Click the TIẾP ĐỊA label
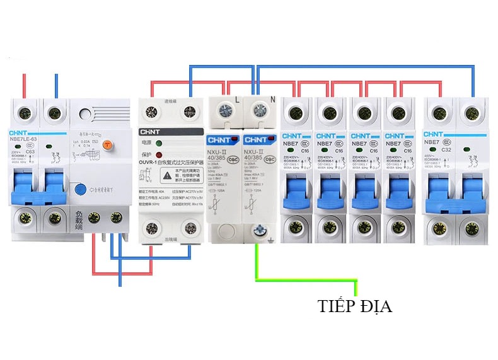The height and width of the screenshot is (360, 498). coord(355,307)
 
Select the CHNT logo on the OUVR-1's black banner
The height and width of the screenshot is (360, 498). coord(153,132)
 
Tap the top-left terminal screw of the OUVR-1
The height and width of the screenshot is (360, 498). coord(151,113)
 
